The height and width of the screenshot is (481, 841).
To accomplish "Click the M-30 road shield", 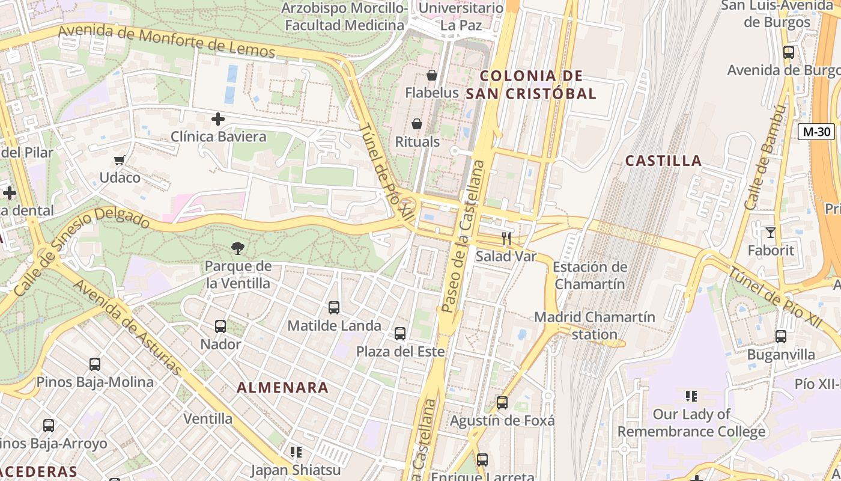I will pyautogui.click(x=816, y=132).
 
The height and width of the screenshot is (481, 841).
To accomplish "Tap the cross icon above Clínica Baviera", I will pyautogui.click(x=218, y=119).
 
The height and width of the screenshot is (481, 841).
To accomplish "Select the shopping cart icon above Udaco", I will pyautogui.click(x=119, y=160).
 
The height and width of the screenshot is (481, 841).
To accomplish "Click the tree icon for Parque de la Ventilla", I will pyautogui.click(x=238, y=248).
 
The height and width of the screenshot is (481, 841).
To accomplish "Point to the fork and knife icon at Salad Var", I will pyautogui.click(x=506, y=239).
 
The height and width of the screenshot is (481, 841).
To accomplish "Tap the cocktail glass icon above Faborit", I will pyautogui.click(x=771, y=232).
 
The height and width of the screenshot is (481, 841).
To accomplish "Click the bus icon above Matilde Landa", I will pyautogui.click(x=334, y=308).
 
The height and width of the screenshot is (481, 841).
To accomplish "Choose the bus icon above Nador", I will pyautogui.click(x=220, y=326).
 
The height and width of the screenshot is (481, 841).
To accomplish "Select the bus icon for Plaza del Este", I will pyautogui.click(x=400, y=334).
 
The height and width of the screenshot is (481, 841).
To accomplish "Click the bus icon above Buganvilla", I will pyautogui.click(x=781, y=337).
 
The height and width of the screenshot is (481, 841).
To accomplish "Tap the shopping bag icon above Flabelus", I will pyautogui.click(x=431, y=75).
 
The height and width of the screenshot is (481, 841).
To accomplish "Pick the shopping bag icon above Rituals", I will pyautogui.click(x=417, y=124).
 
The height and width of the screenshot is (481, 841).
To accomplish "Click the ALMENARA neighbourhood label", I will pyautogui.click(x=283, y=388).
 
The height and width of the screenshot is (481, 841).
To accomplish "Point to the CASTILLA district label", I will pyautogui.click(x=663, y=161).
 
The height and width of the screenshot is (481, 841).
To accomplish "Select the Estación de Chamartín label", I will pyautogui.click(x=589, y=275).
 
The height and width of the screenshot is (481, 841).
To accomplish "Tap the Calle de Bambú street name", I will pyautogui.click(x=765, y=158).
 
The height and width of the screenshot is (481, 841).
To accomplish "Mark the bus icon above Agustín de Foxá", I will pyautogui.click(x=502, y=403).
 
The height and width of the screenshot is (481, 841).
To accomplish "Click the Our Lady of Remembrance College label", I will pyautogui.click(x=691, y=423).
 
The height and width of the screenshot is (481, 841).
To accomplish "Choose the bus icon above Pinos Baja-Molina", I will pyautogui.click(x=95, y=364).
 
